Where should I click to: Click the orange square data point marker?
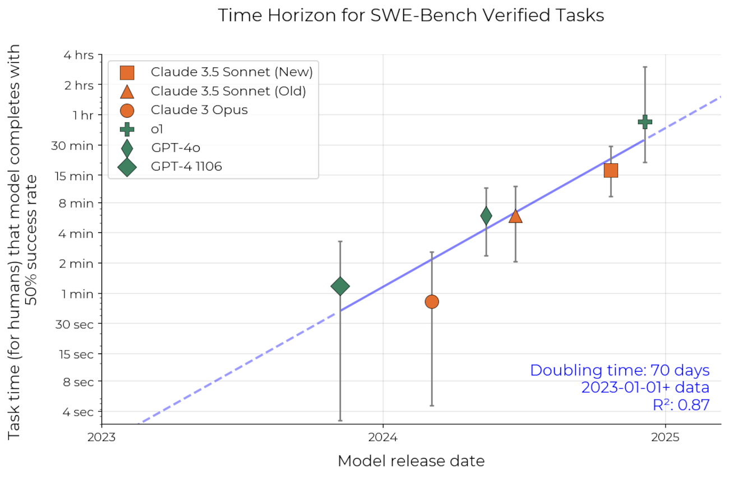[x=611, y=170]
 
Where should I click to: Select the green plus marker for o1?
[x=645, y=121]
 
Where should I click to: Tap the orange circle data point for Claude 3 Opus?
[x=431, y=301]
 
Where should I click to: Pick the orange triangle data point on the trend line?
[x=515, y=217]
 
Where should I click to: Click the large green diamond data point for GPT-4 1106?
[x=340, y=286]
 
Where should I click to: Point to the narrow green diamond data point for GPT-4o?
[x=486, y=215]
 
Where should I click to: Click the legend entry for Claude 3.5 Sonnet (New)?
[x=231, y=72]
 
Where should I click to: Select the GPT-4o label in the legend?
[x=176, y=148]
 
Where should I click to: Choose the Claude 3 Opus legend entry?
[x=199, y=109]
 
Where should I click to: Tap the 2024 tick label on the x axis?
[x=382, y=437]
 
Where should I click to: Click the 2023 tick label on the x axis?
[x=101, y=437]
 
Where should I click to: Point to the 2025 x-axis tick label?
[x=666, y=437]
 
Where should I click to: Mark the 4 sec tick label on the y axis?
[x=78, y=411]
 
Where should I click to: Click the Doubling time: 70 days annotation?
[x=620, y=370]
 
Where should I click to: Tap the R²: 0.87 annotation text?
[x=681, y=405]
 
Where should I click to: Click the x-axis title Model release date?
[x=410, y=461]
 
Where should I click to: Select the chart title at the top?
[x=410, y=15]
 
